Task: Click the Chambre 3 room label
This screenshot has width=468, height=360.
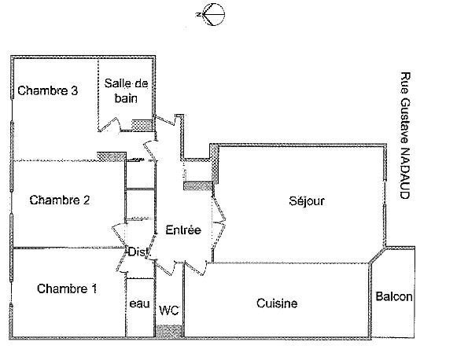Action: pos(48,90)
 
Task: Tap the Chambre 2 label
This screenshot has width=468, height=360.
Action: pos(60,200)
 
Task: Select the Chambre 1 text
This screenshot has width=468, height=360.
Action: pos(67,288)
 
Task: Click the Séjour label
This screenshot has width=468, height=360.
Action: pos(307,201)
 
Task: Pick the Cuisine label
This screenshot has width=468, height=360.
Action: pos(277,303)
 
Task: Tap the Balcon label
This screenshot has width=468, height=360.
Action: pos(394,296)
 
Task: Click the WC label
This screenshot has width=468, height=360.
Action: pos(169,310)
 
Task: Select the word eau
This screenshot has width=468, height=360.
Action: pos(140,304)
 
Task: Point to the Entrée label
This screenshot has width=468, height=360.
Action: pos(183,230)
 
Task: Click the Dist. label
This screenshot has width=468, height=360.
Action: pos(138,252)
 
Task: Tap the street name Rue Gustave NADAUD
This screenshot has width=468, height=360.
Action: pos(405,135)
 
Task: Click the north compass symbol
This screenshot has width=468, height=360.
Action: pos(211,14)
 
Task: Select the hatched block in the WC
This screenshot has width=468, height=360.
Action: pos(169,331)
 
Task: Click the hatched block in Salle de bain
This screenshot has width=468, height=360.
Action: pos(142,125)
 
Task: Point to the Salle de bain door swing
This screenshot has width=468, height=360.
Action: pos(110,124)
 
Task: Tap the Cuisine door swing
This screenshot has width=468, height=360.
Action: pos(196,268)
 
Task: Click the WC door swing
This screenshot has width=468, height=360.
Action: pos(165,267)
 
